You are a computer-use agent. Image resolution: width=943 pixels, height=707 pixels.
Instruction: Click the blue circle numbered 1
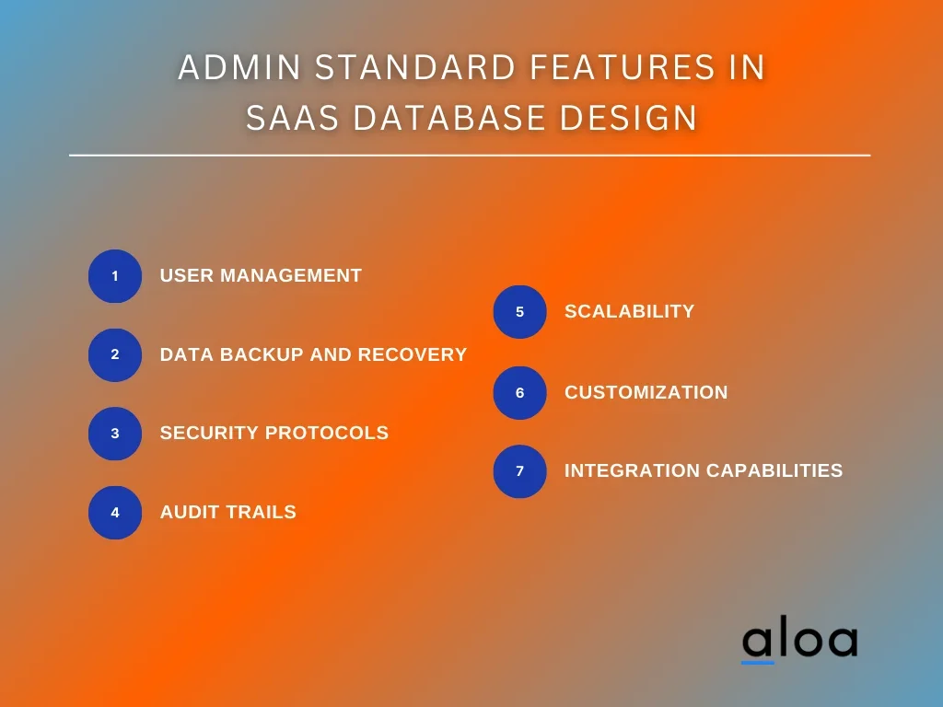pos(115,276)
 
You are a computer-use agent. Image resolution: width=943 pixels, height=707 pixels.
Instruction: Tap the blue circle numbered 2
pos(115,354)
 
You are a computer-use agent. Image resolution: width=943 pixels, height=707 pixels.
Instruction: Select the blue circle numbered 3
pos(115,434)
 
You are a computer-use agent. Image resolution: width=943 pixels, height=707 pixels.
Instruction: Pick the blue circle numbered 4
pos(115,513)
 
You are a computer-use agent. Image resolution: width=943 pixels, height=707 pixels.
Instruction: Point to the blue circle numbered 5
pos(519,312)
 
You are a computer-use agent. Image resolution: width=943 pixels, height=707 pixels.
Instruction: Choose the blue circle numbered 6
pos(519,393)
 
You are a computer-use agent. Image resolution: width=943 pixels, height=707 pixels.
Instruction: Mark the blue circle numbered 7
pos(519,471)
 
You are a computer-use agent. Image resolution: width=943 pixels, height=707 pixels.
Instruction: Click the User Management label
pos(261,275)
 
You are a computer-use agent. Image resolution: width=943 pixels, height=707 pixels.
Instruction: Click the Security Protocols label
pos(274,433)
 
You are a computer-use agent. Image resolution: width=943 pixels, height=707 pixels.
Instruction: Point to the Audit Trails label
pos(228,512)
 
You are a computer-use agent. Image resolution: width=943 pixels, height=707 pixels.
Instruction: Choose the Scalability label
pos(629,311)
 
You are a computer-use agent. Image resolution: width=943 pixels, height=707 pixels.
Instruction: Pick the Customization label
pos(646,392)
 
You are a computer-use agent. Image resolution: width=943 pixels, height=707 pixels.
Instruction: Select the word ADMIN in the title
pos(231,68)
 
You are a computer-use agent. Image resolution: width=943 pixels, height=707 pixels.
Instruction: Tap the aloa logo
pos(799,641)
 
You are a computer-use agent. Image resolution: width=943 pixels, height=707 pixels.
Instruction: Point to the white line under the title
pos(470,156)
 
